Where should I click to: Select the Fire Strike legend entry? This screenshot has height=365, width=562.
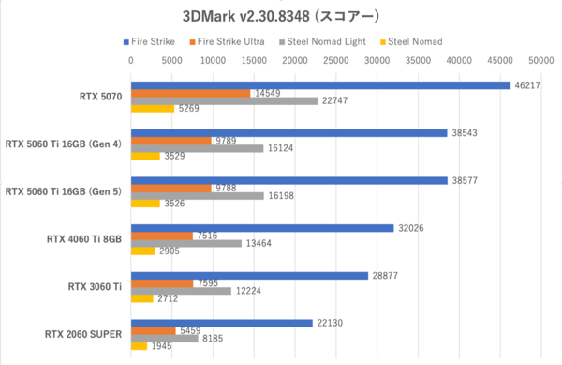pos(152,42)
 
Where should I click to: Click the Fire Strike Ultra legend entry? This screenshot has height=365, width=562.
pos(229,42)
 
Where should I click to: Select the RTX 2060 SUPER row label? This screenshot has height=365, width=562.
pos(83,333)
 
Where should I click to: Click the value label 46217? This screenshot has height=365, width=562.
pos(525,84)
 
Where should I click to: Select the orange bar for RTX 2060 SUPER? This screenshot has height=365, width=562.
pos(153,330)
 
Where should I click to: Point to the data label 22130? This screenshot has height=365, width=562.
pos(328,323)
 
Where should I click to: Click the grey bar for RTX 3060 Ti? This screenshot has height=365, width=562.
pos(181,291)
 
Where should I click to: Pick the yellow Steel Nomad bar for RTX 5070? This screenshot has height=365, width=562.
pos(152,108)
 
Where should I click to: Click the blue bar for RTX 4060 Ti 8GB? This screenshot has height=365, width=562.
pos(261,227)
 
